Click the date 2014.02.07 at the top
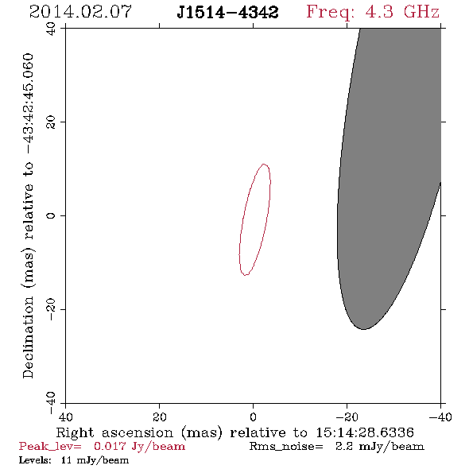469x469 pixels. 80,12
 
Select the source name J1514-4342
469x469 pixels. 227,13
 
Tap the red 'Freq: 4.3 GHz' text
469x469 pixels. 373,13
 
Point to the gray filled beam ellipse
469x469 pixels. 389,180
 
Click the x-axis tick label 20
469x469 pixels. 159,417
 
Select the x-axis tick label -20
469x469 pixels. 347,417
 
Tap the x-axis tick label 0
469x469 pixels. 253,417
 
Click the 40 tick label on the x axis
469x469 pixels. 65,417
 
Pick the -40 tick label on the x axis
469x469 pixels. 440,417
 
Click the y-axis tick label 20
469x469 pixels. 51,122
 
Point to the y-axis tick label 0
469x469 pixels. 51,215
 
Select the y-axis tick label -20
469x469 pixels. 51,309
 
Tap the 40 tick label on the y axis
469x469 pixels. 51,29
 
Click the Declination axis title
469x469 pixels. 28,215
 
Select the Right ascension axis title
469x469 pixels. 234,432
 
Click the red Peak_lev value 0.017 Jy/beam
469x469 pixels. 139,447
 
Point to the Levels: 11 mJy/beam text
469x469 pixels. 74,460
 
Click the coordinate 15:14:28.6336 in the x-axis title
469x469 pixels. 365,432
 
